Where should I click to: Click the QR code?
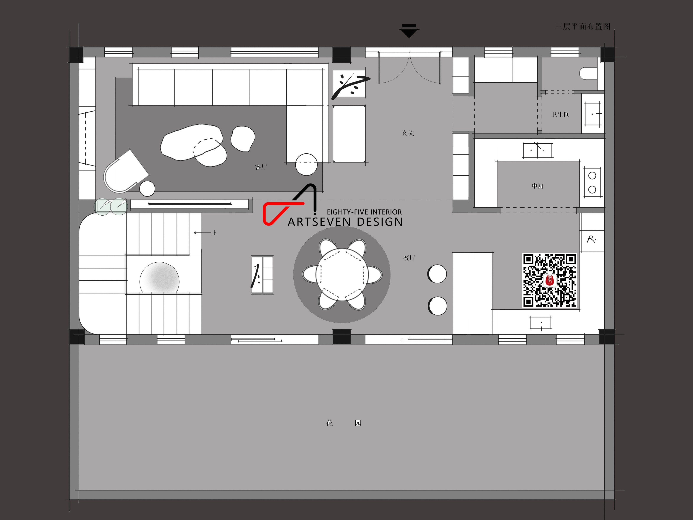coord(549,280)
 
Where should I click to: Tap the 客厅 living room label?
coord(261,167)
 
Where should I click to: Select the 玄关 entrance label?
coord(408,133)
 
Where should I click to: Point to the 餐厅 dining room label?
coord(409,258)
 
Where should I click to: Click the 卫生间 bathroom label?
coord(561,114)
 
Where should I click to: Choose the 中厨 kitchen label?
coord(537,186)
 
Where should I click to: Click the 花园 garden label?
coord(344,423)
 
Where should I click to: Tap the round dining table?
coord(342,275)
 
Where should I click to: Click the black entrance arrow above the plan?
coord(409,31)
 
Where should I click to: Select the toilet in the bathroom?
coord(588,74)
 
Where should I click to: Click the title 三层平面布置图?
coord(583,27)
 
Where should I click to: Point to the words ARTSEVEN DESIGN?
coord(345,222)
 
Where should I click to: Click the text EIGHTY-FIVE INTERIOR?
coord(364,212)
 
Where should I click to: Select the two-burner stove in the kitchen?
coord(592,182)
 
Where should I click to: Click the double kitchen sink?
coord(537,150)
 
